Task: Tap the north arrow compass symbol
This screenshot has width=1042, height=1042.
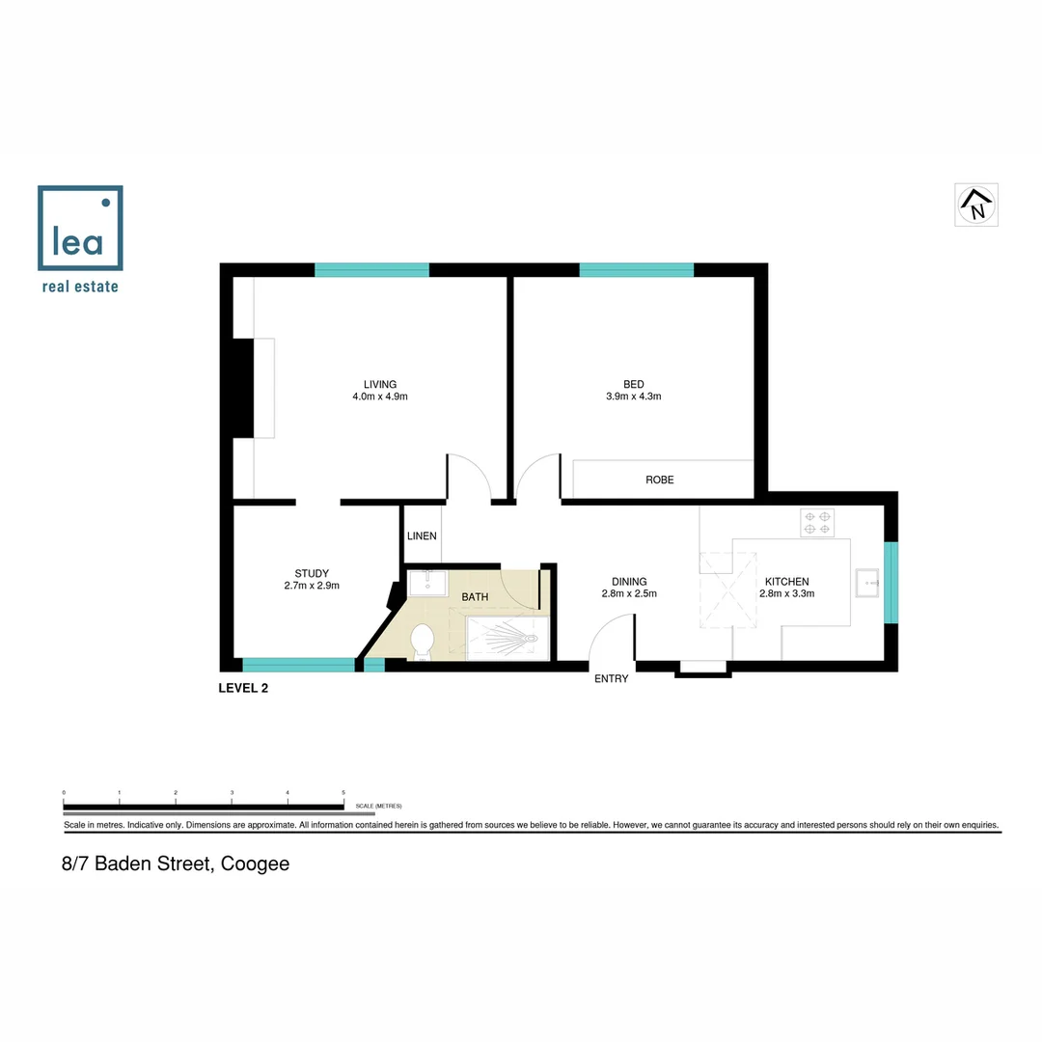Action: (x=976, y=205)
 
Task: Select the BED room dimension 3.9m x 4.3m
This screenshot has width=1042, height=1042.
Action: (x=633, y=397)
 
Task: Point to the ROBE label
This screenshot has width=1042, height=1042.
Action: (x=660, y=480)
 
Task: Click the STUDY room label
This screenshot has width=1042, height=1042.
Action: (x=312, y=573)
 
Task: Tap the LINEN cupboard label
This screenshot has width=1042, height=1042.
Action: (x=422, y=535)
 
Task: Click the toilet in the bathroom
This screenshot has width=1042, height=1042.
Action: (x=421, y=642)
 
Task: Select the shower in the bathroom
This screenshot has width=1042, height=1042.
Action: (x=507, y=639)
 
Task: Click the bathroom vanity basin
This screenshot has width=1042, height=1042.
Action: (x=426, y=583)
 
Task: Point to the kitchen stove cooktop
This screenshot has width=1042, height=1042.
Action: (x=817, y=523)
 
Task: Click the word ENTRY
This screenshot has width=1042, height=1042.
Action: (x=611, y=679)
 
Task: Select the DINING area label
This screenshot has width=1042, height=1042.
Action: (x=629, y=581)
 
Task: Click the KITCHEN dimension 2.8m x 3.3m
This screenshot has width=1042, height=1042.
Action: (x=787, y=594)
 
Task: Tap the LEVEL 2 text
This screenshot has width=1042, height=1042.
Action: (x=244, y=688)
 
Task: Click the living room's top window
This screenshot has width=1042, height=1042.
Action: (x=371, y=270)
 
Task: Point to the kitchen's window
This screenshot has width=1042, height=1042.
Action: (x=891, y=583)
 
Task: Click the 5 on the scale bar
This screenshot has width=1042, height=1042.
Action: (x=343, y=793)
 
